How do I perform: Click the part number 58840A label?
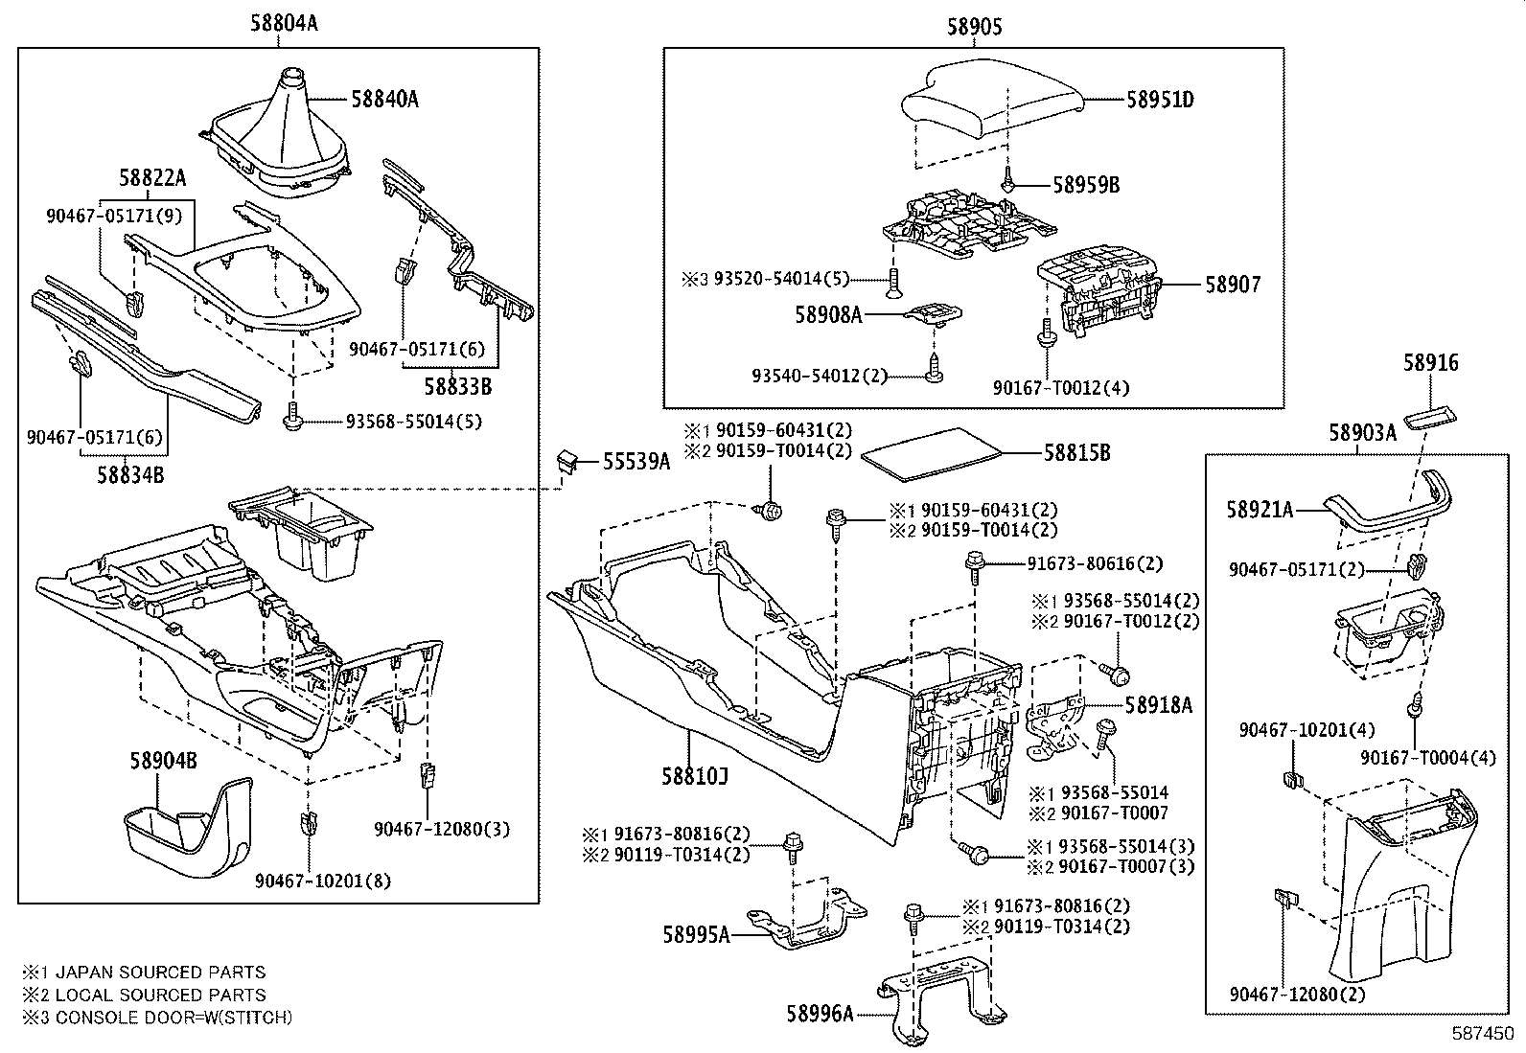point(383,99)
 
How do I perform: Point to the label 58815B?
point(1076,453)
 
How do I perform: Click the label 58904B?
point(163,761)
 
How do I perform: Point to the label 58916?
point(1430,363)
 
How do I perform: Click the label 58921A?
point(1259,510)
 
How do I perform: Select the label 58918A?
point(1158,705)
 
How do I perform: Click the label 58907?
point(1233,285)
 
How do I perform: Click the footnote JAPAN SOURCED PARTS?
point(158,972)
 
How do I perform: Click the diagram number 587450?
point(1483,1036)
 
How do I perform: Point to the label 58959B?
point(1085,185)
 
